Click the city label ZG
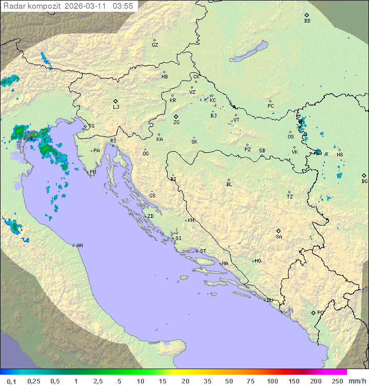(x=176, y=123)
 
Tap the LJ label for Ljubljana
(x=116, y=107)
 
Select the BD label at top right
(x=307, y=21)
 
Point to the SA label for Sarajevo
(x=279, y=237)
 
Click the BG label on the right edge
(x=364, y=181)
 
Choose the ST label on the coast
(x=203, y=251)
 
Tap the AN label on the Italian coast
(x=79, y=246)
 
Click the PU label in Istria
(x=93, y=172)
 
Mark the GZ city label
(x=155, y=45)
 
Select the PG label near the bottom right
(x=320, y=313)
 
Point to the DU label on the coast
(x=270, y=300)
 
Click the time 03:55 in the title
(x=123, y=6)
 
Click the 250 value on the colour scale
(x=337, y=381)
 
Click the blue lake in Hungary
(x=250, y=52)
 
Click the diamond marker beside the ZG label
(x=176, y=116)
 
